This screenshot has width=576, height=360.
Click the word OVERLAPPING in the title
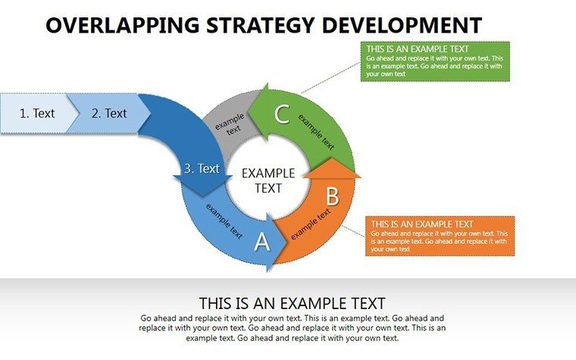(122, 25)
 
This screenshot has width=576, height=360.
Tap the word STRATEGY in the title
(260, 25)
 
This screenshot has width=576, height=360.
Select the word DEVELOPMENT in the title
(402, 25)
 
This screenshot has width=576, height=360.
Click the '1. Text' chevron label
(36, 113)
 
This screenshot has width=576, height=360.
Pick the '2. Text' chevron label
(109, 113)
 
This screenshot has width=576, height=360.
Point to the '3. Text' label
(202, 168)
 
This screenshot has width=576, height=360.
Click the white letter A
(262, 242)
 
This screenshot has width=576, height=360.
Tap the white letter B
(333, 196)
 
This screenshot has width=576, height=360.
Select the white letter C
(282, 114)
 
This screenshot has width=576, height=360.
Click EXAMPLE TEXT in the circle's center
(268, 180)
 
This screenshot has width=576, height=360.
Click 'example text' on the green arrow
(316, 132)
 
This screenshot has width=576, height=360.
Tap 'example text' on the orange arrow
(311, 224)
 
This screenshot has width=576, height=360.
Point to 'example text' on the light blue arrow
(224, 221)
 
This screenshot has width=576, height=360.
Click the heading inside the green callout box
(418, 49)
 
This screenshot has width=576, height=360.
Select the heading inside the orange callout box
(422, 224)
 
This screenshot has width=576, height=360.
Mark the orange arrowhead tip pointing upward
(332, 158)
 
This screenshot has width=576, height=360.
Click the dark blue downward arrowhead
(202, 186)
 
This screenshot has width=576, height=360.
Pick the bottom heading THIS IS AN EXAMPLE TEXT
(292, 303)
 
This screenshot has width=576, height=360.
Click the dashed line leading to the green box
(330, 78)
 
